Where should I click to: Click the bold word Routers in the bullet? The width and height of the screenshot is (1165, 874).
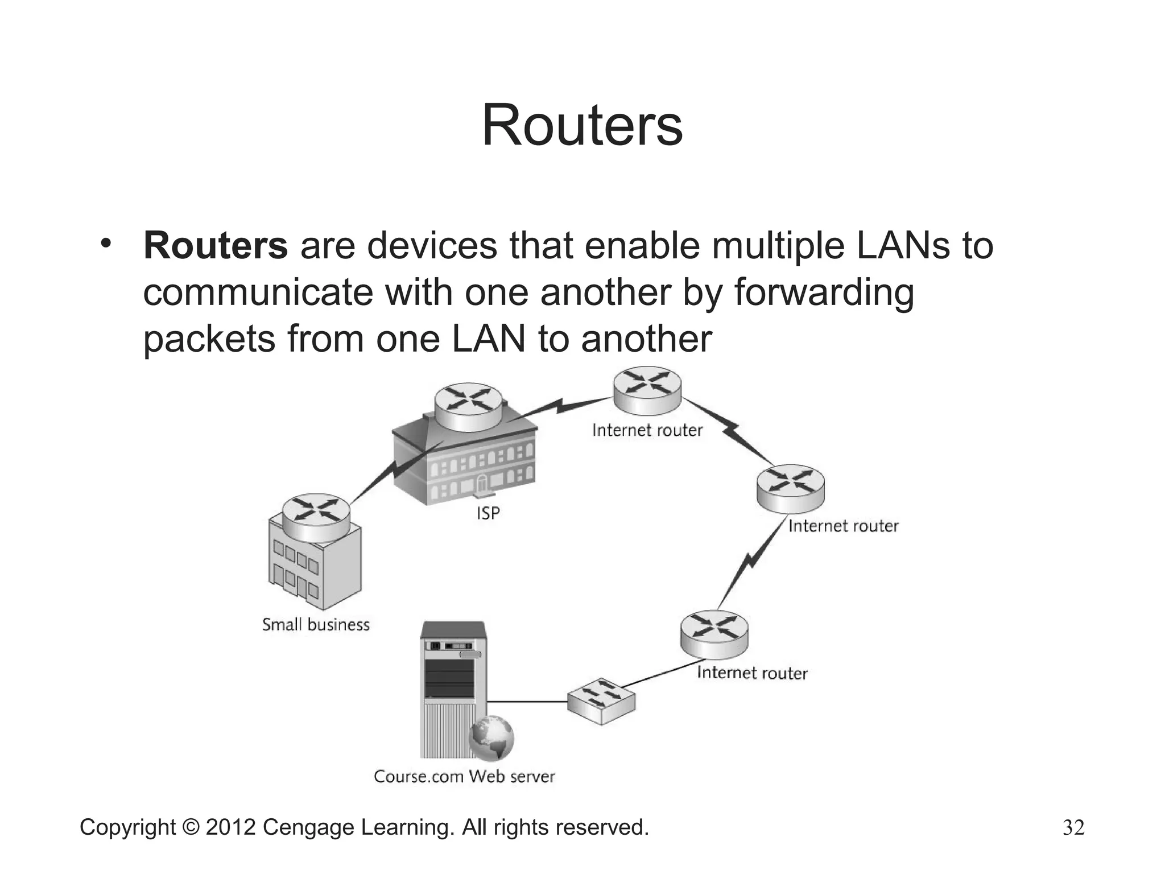(216, 246)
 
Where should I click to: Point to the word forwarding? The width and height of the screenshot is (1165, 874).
(824, 293)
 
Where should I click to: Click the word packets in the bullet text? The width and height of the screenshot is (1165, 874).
(209, 340)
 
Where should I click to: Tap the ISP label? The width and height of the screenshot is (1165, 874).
(488, 513)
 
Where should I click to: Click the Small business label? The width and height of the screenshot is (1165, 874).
(316, 625)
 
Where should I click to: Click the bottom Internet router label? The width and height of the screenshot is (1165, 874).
(752, 673)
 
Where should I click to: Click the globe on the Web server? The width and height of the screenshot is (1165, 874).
(491, 738)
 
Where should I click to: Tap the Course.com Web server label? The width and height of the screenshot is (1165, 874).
(464, 777)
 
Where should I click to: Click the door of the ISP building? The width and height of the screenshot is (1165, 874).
(482, 485)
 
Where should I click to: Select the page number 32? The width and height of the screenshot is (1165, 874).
(1073, 827)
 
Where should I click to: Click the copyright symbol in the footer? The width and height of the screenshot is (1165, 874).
(191, 827)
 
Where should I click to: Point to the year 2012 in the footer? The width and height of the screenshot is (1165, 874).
(230, 827)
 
